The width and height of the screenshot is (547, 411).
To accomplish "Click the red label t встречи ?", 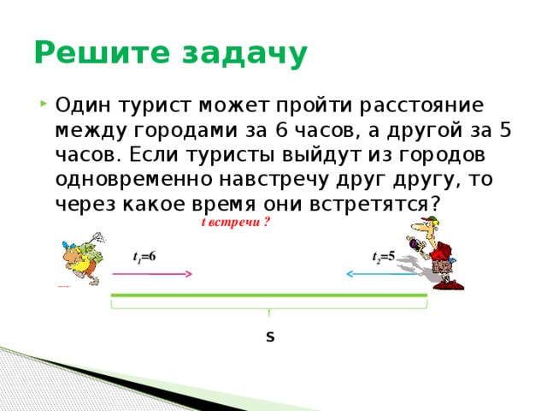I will point(235,223).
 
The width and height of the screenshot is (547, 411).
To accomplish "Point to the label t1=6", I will point(144,256).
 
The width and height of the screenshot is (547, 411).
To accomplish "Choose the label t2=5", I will point(383,256).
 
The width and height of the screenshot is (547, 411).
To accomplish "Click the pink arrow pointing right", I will point(152,274).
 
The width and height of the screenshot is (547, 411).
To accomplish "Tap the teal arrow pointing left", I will point(380,274).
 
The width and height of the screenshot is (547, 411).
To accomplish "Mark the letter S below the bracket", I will point(269,337).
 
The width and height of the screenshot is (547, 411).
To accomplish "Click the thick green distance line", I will point(268,295).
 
